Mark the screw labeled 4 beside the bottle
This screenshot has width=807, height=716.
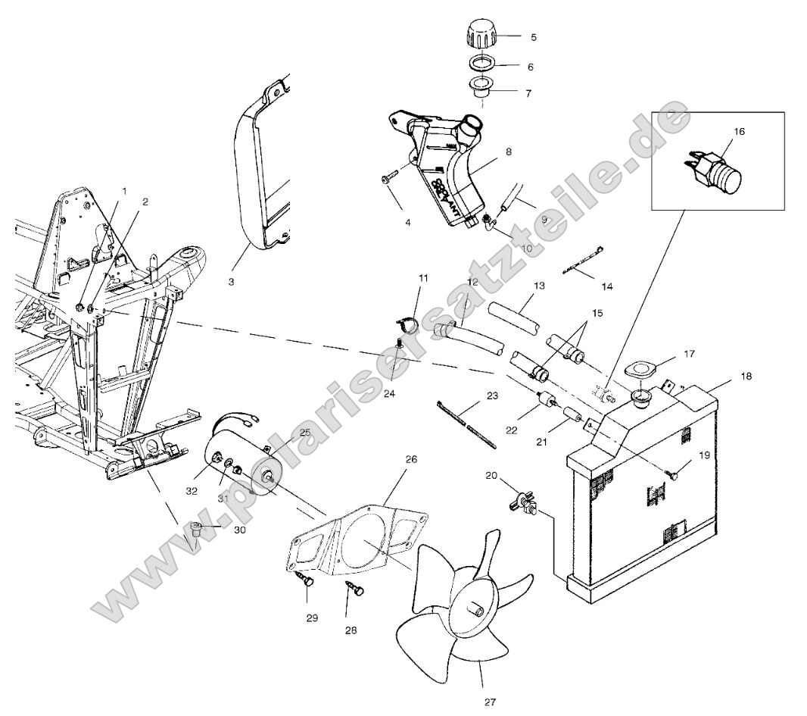click(391, 179)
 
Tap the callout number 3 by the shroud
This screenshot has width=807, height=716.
click(231, 281)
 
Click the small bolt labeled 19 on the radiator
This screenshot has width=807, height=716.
click(673, 475)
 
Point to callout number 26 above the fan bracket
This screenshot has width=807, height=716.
click(411, 459)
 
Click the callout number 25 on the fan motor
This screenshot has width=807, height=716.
click(305, 433)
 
